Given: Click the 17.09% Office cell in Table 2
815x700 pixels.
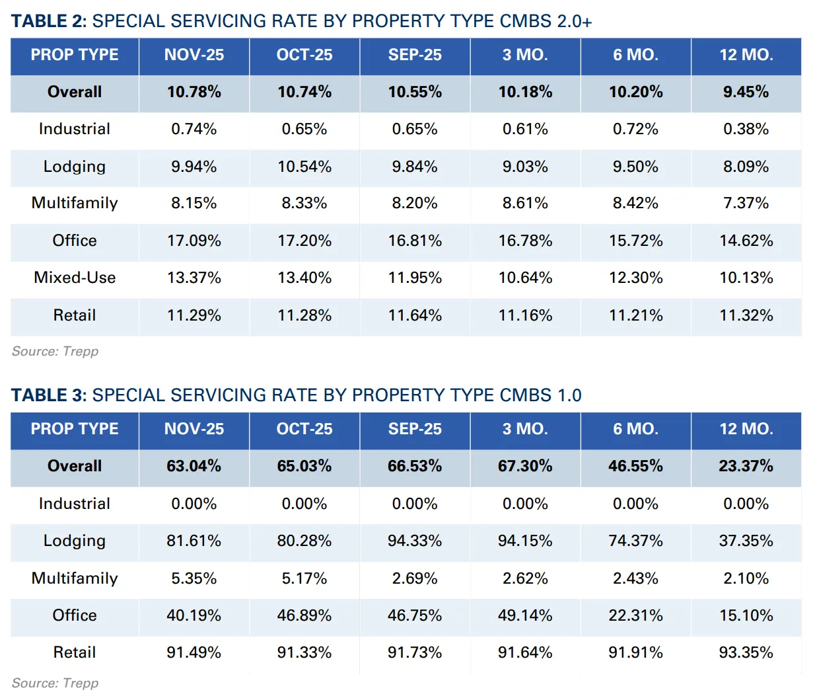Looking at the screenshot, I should (x=194, y=241).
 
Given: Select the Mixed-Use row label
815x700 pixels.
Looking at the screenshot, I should (x=75, y=278).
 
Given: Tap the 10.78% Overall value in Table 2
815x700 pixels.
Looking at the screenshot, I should (x=194, y=92).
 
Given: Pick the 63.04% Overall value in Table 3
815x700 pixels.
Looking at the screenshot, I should (x=194, y=466).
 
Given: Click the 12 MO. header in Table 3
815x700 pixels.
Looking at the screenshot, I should (x=746, y=429).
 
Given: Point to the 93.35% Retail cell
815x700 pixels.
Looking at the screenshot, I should (x=746, y=652).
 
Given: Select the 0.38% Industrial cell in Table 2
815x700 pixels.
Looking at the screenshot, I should (x=746, y=129).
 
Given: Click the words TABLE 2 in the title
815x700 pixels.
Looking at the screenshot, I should (x=48, y=21).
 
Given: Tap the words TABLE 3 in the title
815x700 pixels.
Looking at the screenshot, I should (x=48, y=395).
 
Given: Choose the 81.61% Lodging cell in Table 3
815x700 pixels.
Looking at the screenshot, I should (x=194, y=541).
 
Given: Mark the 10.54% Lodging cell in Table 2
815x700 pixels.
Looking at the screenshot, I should (x=304, y=167).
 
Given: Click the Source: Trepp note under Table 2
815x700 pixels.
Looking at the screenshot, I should (x=55, y=352).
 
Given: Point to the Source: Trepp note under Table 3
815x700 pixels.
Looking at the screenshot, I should (x=55, y=683).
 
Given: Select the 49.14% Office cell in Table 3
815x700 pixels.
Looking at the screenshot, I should (x=525, y=615).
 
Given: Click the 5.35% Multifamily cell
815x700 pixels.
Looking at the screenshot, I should (x=194, y=578).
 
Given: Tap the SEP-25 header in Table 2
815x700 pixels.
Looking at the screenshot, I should (x=415, y=55).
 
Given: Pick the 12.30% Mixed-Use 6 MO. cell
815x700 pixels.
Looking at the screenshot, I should (x=635, y=278).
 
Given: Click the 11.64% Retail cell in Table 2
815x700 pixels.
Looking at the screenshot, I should (x=415, y=315).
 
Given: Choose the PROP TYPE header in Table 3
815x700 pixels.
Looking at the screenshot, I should (x=75, y=429).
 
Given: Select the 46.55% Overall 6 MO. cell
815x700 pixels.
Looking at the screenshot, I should (x=635, y=466).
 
